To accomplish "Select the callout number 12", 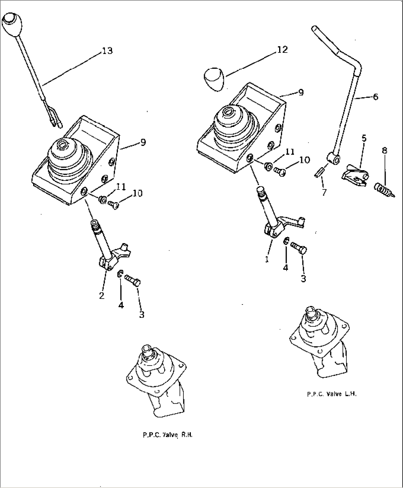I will [x=282, y=50].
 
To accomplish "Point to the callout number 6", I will [x=375, y=97].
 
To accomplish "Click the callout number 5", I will [x=364, y=139].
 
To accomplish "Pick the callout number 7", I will [x=324, y=192].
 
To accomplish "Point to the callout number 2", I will [x=102, y=296].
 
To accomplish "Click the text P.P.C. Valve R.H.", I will [x=167, y=435].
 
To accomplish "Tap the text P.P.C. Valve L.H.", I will [x=332, y=394].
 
